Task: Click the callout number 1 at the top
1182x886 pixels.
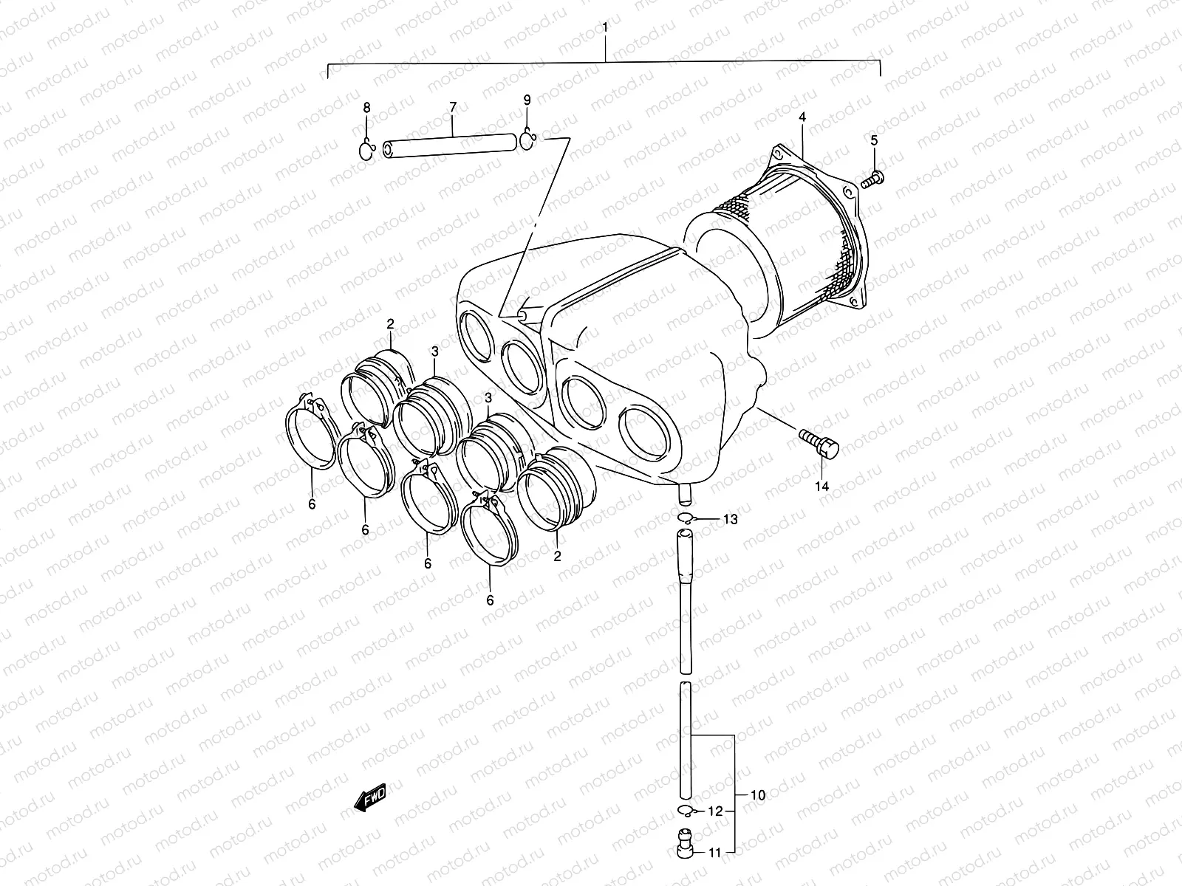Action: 605,28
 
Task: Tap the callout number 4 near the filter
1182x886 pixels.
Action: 802,117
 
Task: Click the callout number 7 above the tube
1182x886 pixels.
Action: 453,108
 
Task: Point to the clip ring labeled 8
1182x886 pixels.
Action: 367,151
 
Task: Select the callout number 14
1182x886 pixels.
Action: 822,486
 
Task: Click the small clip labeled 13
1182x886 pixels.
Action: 685,518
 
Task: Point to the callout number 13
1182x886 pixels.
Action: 730,520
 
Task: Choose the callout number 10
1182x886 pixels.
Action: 757,795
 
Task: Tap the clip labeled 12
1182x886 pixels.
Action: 683,812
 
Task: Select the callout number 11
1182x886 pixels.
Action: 714,853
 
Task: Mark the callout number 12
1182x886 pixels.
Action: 714,811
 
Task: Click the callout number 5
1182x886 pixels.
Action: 873,140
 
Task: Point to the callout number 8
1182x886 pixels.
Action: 366,108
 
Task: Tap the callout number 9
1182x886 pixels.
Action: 527,99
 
